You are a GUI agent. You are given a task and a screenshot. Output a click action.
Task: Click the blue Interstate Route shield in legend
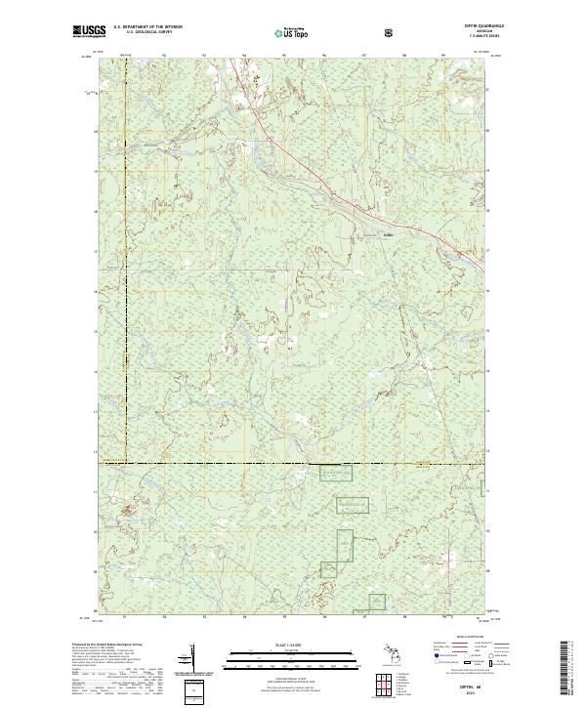(x=436, y=662)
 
